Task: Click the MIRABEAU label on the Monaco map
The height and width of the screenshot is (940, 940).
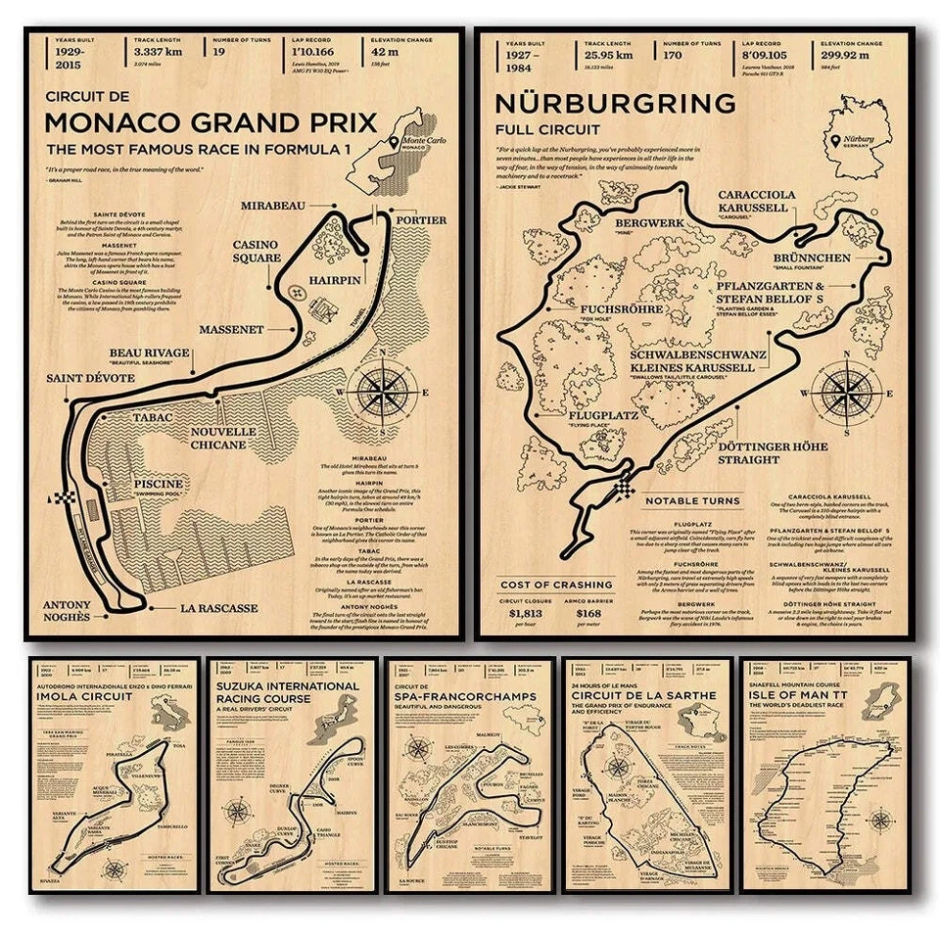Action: (275, 205)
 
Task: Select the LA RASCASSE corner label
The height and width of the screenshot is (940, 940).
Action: (218, 608)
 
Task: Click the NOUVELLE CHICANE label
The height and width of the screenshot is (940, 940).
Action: (217, 438)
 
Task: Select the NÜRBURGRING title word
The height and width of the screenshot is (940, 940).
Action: (615, 103)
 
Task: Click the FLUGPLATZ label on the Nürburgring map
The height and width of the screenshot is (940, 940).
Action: (604, 415)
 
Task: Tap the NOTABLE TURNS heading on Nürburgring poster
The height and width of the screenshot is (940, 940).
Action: (691, 501)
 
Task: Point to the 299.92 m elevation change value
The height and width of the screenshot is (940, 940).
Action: (858, 55)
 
